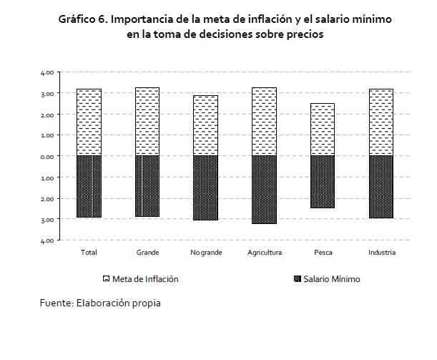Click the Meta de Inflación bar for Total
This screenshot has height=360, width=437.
pyautogui.click(x=89, y=122)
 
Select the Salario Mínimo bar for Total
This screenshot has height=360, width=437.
pyautogui.click(x=89, y=186)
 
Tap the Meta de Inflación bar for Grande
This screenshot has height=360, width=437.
pyautogui.click(x=147, y=122)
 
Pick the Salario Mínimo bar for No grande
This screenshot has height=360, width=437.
pyautogui.click(x=205, y=188)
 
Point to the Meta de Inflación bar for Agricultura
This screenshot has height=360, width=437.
pyautogui.click(x=264, y=122)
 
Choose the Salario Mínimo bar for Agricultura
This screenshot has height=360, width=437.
pyautogui.click(x=264, y=190)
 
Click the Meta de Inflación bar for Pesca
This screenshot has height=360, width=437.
pyautogui.click(x=323, y=130)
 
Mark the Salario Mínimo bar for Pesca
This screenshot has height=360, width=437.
pyautogui.click(x=323, y=182)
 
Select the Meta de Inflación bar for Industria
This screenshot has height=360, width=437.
pyautogui.click(x=381, y=122)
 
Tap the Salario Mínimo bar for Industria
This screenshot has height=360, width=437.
pyautogui.click(x=381, y=187)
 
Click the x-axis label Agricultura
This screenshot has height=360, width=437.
pyautogui.click(x=265, y=253)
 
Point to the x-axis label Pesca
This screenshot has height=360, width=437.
pyautogui.click(x=323, y=253)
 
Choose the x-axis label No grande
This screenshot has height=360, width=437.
pyautogui.click(x=205, y=253)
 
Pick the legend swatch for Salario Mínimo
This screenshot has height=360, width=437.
pyautogui.click(x=296, y=278)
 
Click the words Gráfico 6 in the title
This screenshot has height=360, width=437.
pyautogui.click(x=84, y=19)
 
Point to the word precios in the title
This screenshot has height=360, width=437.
pyautogui.click(x=295, y=35)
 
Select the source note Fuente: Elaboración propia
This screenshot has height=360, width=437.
pyautogui.click(x=100, y=302)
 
